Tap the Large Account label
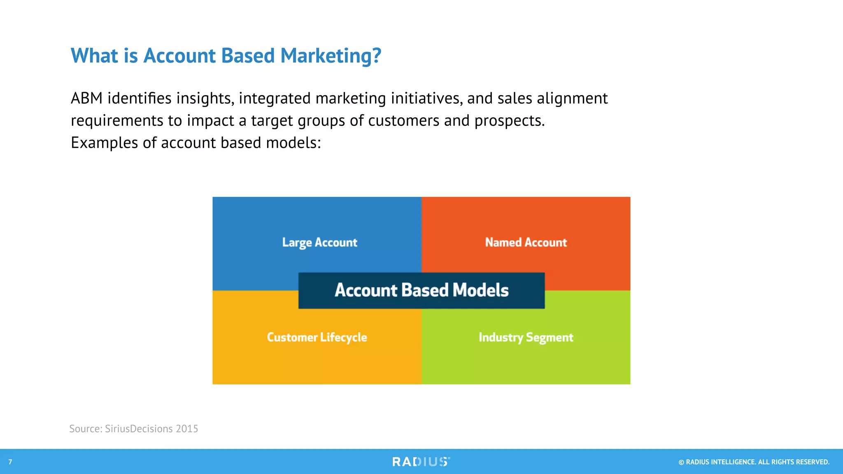[319, 242]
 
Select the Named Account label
[526, 242]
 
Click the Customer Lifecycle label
[317, 337]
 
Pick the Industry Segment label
[526, 337]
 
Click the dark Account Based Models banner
[421, 290]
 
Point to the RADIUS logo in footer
[421, 462]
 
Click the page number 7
[10, 462]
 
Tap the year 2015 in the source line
[187, 429]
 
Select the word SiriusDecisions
[139, 429]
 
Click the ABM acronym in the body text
[86, 98]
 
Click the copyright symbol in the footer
[681, 462]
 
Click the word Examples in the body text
[105, 143]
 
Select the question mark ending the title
[377, 56]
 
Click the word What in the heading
[94, 56]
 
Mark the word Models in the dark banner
[480, 290]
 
